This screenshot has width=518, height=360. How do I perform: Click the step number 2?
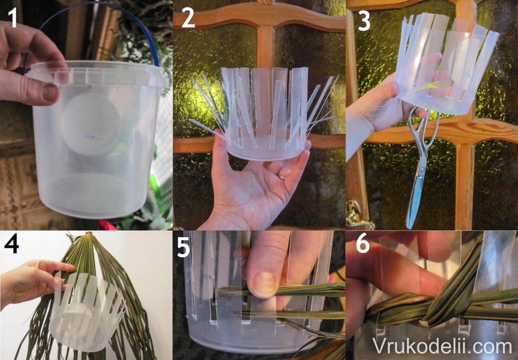[x=188, y=18]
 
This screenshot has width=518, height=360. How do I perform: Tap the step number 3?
[x=364, y=20]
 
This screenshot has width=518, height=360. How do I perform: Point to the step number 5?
[x=184, y=247]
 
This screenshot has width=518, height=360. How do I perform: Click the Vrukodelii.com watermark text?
[x=442, y=346]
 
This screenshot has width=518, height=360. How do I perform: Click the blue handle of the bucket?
[x=99, y=10]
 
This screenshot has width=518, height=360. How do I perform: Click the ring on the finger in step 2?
[x=282, y=178]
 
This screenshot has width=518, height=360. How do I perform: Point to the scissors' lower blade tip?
[x=409, y=227]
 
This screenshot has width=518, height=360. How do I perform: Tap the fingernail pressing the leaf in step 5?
[x=264, y=283]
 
